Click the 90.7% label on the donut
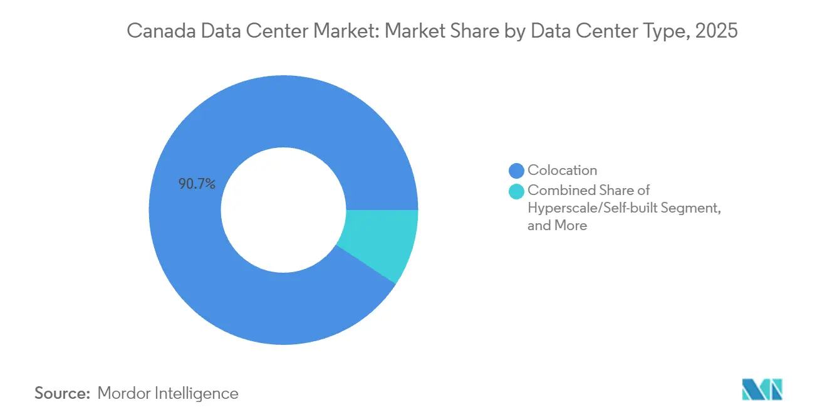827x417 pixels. [x=197, y=184]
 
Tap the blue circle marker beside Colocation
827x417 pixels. [x=517, y=171]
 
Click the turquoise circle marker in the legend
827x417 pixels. [x=517, y=191]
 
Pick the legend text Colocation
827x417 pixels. [x=562, y=170]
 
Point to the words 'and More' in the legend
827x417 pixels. [x=557, y=225]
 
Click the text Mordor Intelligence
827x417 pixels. [x=168, y=394]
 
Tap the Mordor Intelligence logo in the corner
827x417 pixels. [x=762, y=389]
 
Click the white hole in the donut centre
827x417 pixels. [x=283, y=210]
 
